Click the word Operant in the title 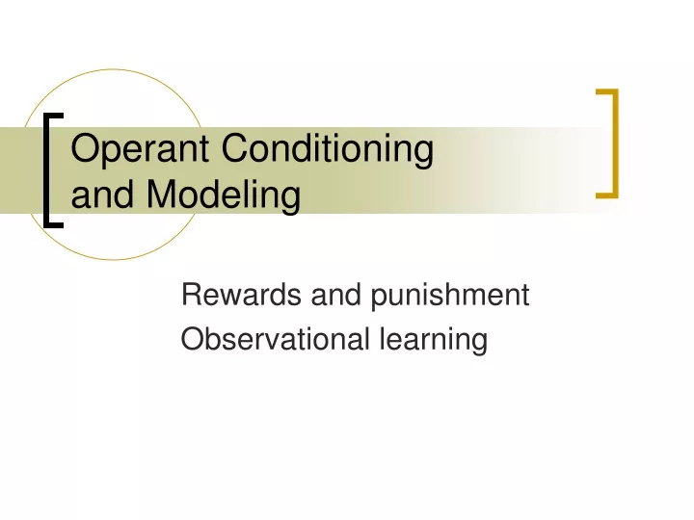(140, 150)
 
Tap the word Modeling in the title (224, 195)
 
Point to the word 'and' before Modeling (102, 194)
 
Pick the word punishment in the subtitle (450, 296)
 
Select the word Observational (275, 339)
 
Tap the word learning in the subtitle (434, 341)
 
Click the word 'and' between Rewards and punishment (336, 294)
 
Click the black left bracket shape (46, 170)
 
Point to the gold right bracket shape (615, 143)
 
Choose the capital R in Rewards (192, 294)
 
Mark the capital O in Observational (191, 339)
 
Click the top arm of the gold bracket (607, 92)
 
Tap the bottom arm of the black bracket (54, 225)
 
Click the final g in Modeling (291, 200)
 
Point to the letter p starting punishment (380, 299)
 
